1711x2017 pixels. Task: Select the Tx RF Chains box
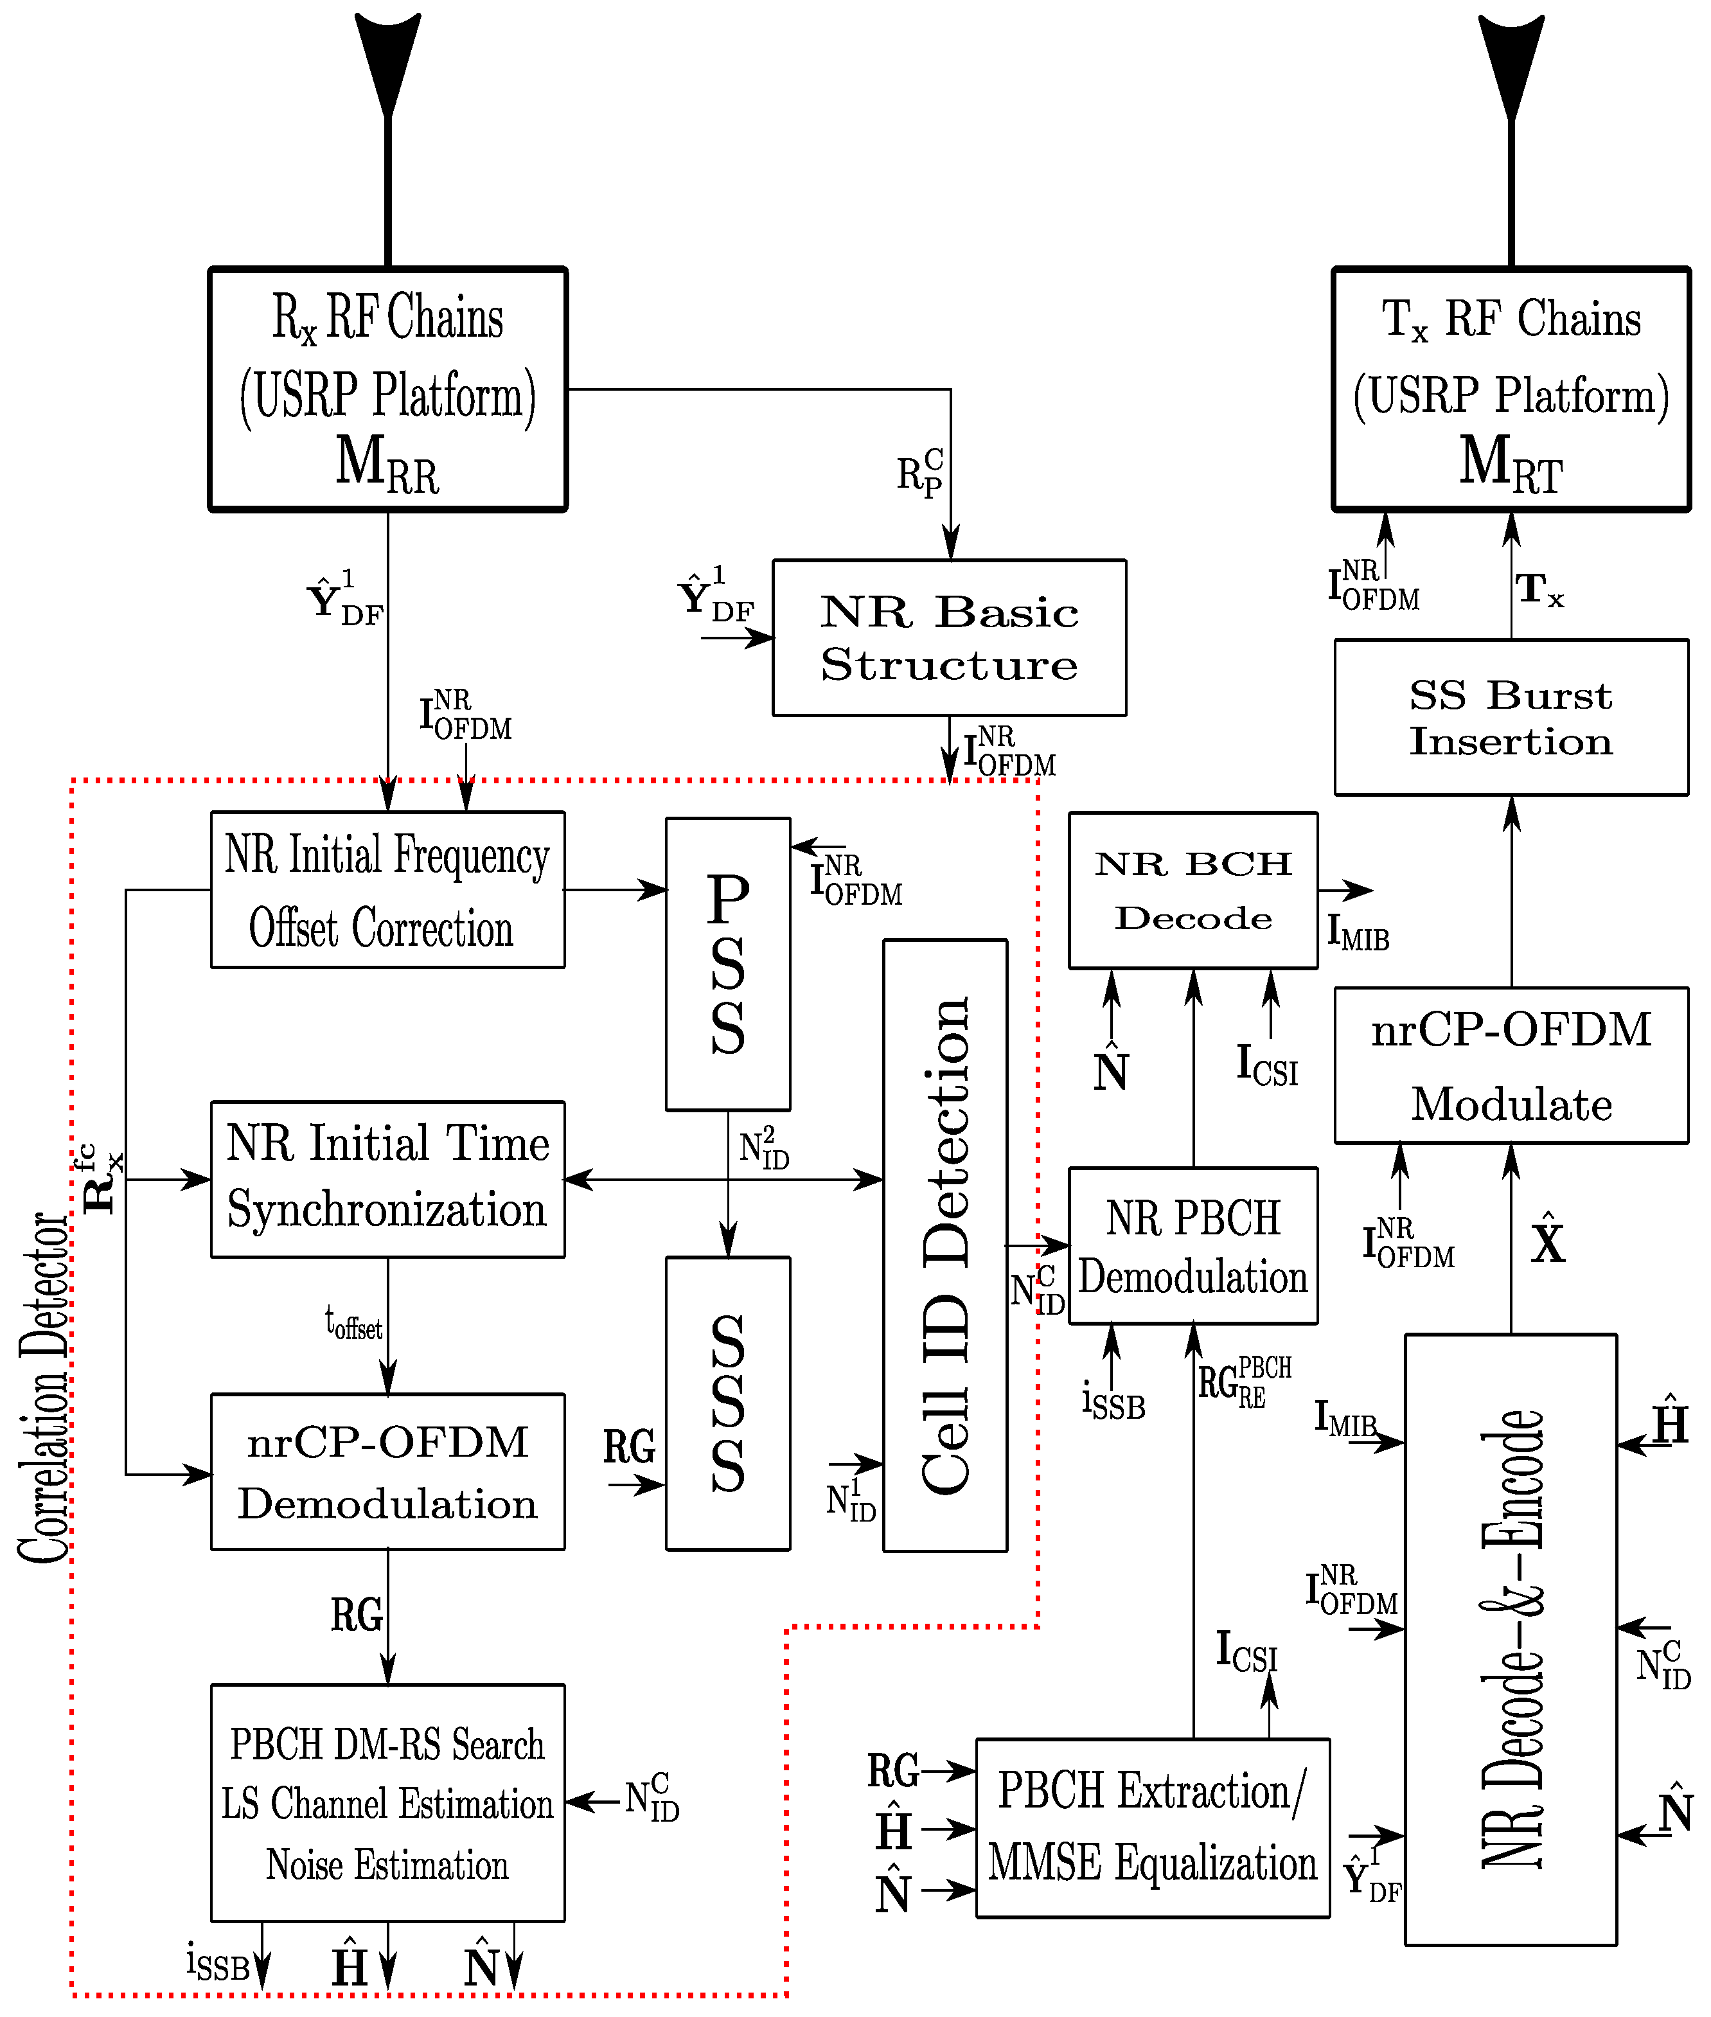pos(1511,389)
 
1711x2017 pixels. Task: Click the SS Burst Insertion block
pos(1511,717)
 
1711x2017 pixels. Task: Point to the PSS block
pos(727,963)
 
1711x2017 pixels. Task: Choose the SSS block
pos(727,1402)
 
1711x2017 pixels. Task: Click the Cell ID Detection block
pos(944,1245)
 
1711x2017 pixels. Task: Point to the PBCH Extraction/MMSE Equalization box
pos(1151,1828)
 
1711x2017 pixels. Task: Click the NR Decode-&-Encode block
pos(1511,1640)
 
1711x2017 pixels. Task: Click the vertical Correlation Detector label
pos(44,1387)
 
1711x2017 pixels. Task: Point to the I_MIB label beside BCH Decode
pos(1357,933)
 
